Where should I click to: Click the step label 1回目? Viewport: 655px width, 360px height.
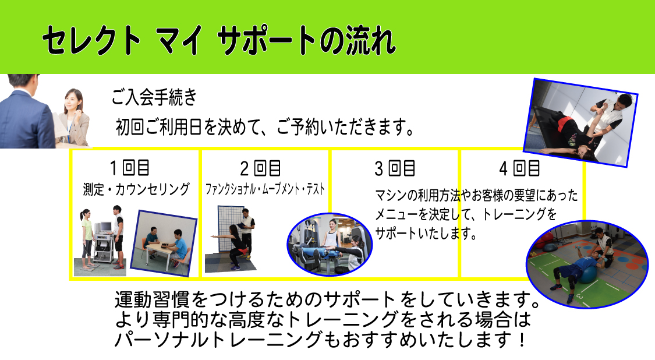129,168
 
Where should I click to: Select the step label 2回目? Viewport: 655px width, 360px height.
260,168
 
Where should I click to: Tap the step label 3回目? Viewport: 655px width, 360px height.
394,168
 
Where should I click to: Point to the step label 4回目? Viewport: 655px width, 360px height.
519,168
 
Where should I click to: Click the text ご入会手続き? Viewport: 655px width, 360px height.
154,97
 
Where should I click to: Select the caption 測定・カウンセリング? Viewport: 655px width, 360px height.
136,189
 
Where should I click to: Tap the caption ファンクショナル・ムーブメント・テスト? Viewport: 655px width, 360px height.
265,189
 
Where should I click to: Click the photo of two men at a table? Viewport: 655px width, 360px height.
164,243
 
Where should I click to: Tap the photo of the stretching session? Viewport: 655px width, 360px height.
580,122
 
